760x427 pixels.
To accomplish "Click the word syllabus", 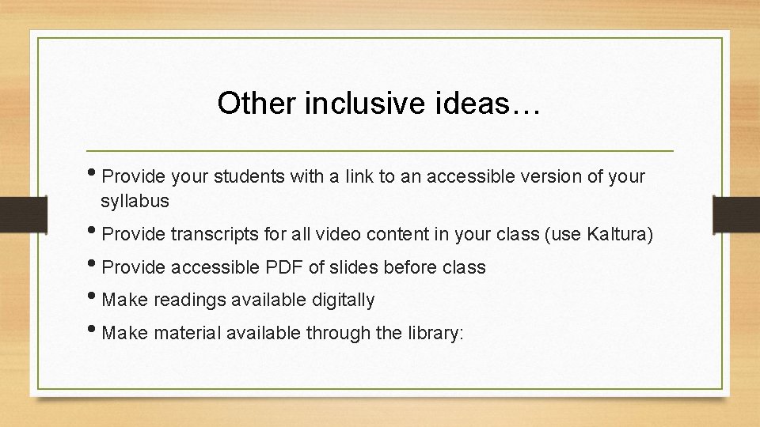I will click(135, 202).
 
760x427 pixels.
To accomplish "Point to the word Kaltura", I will click(618, 235).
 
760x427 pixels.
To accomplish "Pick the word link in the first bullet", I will click(359, 177).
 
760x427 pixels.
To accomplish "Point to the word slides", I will click(354, 268).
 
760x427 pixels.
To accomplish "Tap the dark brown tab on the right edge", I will click(735, 213).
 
